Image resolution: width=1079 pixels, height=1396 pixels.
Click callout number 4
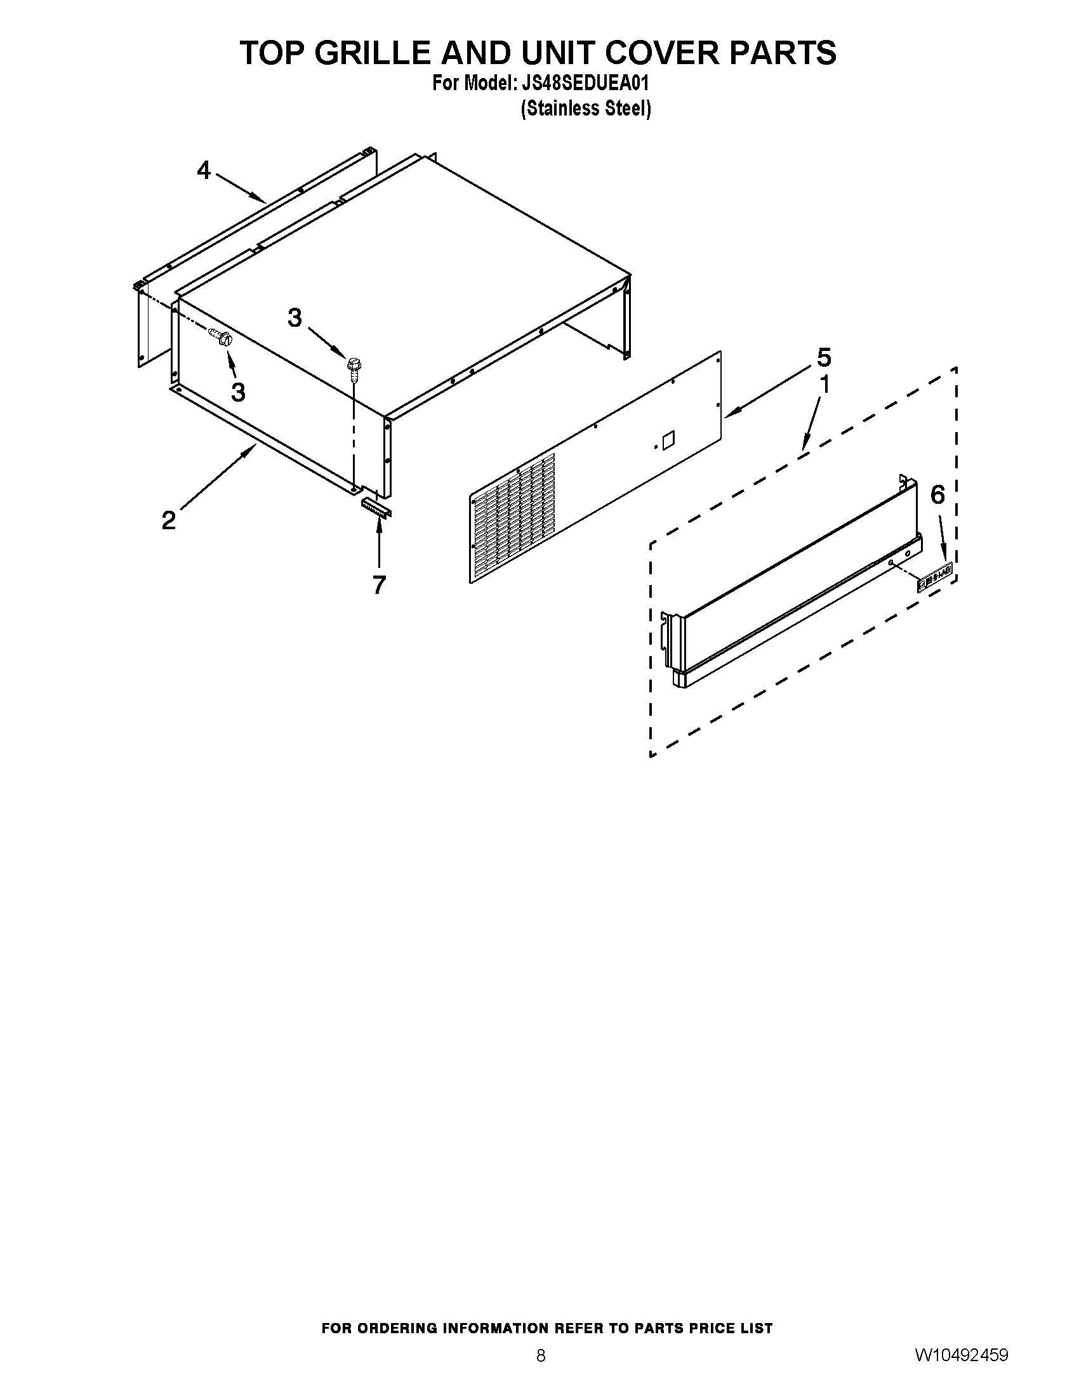[x=203, y=170]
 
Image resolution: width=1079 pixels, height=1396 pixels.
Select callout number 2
[x=168, y=520]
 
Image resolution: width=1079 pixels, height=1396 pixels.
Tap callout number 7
[x=379, y=584]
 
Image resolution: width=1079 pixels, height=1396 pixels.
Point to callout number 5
[x=824, y=357]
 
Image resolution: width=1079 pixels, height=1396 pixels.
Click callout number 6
[x=937, y=494]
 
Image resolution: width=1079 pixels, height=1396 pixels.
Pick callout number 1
[x=824, y=385]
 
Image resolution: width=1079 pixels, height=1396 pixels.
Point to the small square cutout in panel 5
[x=668, y=439]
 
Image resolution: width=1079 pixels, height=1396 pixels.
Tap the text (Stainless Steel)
[x=586, y=109]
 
